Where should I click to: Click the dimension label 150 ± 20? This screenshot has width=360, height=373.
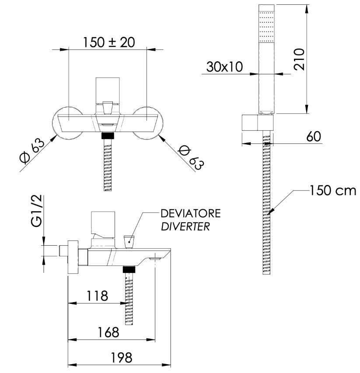pyautogui.click(x=108, y=42)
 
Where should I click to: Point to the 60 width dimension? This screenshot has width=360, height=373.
pyautogui.click(x=313, y=136)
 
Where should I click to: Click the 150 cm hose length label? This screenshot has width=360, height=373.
pyautogui.click(x=333, y=191)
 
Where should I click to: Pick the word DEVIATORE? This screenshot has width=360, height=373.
pyautogui.click(x=191, y=214)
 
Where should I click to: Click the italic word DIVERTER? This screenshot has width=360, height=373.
pyautogui.click(x=185, y=227)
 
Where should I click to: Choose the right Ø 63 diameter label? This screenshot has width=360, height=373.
pyautogui.click(x=192, y=157)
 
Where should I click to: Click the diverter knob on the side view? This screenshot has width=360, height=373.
pyautogui.click(x=129, y=241)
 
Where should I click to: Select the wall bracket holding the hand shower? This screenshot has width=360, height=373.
pyautogui.click(x=253, y=123)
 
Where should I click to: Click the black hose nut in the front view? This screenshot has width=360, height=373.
pyautogui.click(x=108, y=135)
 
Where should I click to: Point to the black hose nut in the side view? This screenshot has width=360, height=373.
pyautogui.click(x=129, y=269)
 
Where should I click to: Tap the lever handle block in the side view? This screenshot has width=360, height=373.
pyautogui.click(x=103, y=223)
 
